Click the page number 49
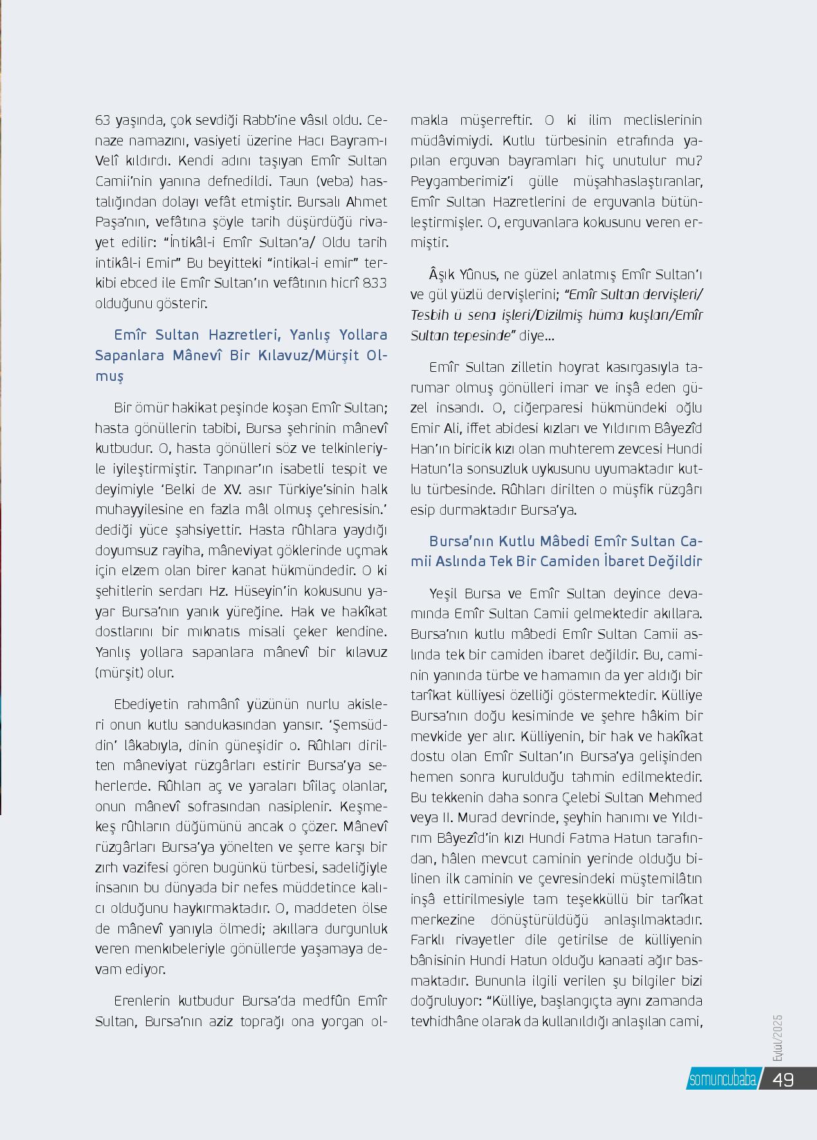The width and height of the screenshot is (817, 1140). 783,1079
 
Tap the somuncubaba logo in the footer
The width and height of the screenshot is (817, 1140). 722,1080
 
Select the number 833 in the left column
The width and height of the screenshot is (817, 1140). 374,282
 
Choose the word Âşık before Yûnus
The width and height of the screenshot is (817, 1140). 442,275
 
